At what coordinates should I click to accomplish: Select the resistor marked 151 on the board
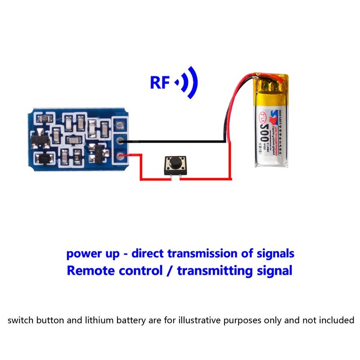(77, 157)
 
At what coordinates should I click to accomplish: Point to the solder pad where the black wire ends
(120, 142)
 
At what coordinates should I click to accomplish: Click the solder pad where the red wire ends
(120, 156)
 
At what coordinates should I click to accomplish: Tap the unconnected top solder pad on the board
(120, 125)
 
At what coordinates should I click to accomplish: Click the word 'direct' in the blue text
(148, 253)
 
